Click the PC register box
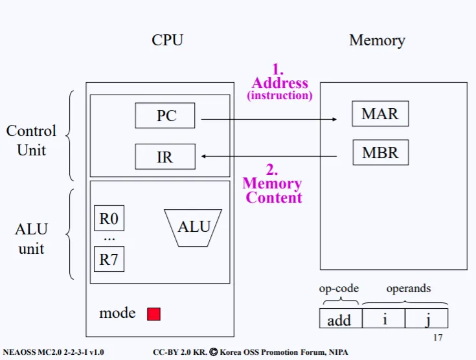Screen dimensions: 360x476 point(165,116)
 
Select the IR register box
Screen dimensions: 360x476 point(165,157)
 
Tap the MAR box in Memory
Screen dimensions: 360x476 point(380,114)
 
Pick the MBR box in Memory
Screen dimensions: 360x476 point(380,153)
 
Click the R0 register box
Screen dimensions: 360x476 point(109,219)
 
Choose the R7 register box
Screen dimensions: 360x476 point(109,260)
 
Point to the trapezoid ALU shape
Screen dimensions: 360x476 point(194,227)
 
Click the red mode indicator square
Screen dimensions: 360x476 point(153,314)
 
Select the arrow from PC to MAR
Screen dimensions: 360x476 point(269,119)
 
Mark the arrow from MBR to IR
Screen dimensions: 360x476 point(269,156)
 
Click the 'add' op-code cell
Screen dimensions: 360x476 point(339,319)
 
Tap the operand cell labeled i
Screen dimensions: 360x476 point(383,319)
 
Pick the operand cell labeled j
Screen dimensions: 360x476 point(426,319)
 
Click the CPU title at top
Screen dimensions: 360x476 point(167,40)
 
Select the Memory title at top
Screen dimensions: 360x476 point(377,40)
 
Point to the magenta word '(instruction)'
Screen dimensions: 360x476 point(280,96)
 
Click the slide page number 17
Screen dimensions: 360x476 point(437,338)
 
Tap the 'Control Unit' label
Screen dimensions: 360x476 point(31,140)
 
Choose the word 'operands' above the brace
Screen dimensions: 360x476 point(408,288)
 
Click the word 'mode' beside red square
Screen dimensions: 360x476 point(117,313)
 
